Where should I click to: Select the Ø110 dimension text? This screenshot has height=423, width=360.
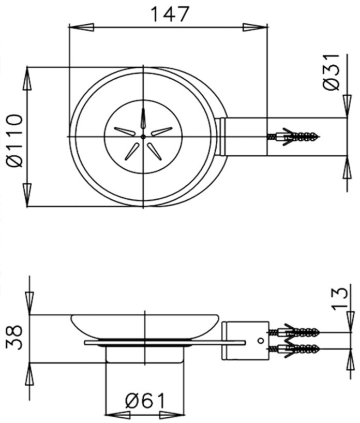click(16, 141)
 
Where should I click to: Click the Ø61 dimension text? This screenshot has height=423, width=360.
click(146, 401)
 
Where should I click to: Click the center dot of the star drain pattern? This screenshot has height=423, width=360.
click(143, 136)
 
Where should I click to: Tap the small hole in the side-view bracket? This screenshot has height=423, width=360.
click(261, 340)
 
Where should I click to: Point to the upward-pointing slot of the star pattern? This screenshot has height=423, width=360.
click(143, 119)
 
